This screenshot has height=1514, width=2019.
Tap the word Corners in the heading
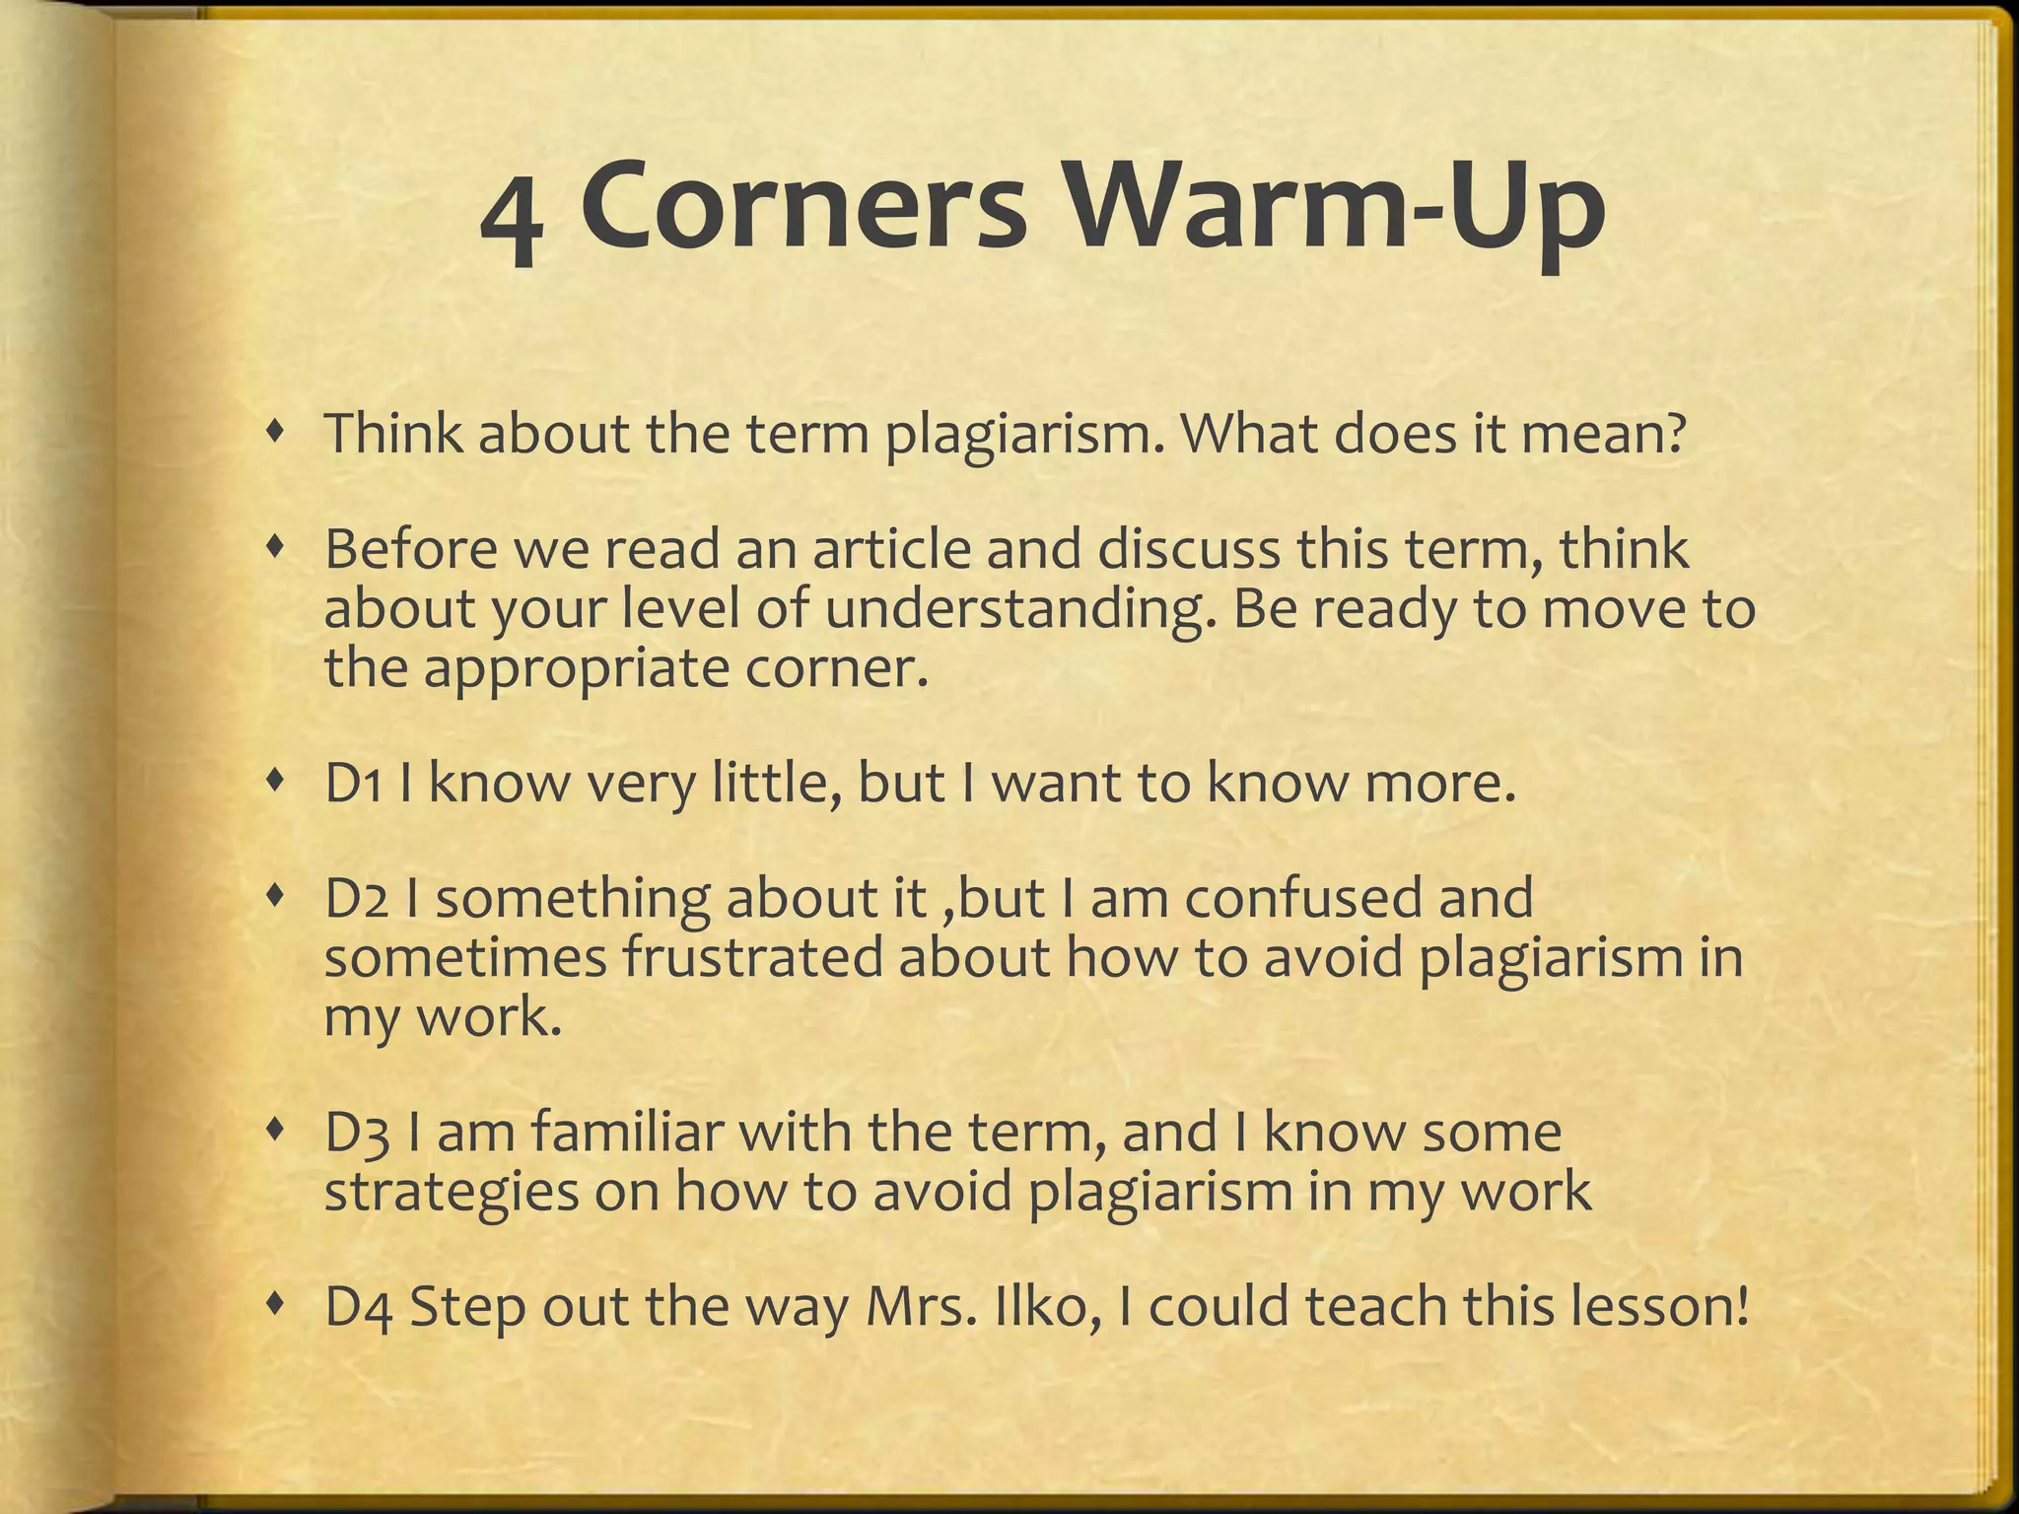[802, 208]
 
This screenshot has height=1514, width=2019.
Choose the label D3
[356, 1134]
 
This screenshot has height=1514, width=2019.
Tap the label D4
[358, 1308]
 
